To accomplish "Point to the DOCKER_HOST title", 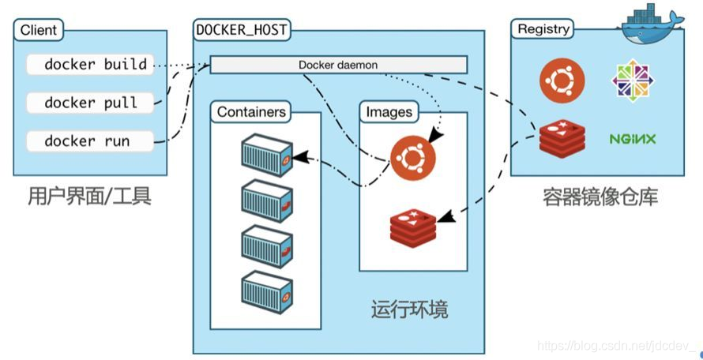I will pos(242,31).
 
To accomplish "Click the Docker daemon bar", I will pos(338,65).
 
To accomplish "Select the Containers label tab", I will pos(251,112).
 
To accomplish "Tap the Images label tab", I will pos(389,112).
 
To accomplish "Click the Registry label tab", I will pos(543,29).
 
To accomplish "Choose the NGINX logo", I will pos(633,140).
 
